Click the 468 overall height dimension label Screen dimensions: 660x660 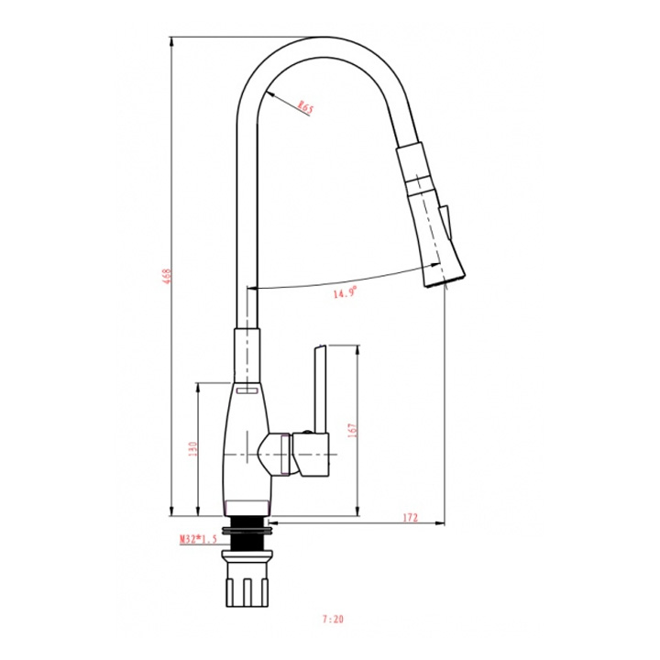[x=167, y=276]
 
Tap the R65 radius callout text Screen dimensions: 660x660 [x=305, y=108]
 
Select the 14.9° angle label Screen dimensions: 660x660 [x=346, y=291]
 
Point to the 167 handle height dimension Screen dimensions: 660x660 [x=352, y=430]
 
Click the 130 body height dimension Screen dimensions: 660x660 [x=192, y=449]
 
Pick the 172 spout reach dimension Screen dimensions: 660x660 [x=411, y=517]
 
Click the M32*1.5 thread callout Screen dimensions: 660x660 [x=198, y=539]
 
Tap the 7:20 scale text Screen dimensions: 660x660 [x=333, y=619]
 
